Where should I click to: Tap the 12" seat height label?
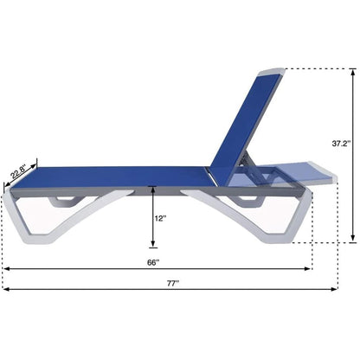tap(160, 219)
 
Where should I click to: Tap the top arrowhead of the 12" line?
tap(151, 188)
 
